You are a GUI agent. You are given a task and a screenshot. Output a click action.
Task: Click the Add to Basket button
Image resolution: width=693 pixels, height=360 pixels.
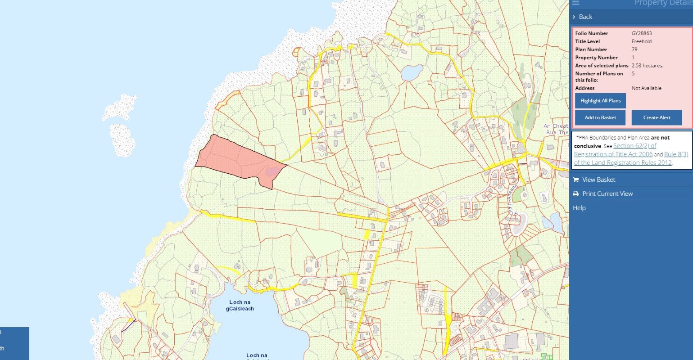(600, 117)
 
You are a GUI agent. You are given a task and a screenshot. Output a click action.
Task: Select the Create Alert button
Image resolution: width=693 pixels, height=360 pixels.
(657, 117)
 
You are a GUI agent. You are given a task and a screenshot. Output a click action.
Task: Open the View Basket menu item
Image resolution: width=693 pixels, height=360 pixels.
(598, 180)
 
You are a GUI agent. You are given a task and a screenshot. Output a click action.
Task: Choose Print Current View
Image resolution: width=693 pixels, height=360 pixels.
(607, 193)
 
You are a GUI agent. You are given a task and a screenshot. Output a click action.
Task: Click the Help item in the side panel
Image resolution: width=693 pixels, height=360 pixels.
(579, 208)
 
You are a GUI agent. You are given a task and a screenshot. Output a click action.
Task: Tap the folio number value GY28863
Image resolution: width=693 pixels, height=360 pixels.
(642, 33)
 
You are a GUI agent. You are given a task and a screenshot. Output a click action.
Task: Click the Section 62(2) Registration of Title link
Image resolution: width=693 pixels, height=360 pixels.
(634, 146)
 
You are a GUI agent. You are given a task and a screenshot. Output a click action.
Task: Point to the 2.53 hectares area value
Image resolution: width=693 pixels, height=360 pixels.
(647, 66)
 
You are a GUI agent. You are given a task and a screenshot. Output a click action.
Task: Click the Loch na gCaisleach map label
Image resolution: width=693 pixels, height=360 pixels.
(240, 306)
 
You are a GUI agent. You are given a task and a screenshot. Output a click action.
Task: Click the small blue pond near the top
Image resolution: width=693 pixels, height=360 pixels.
(412, 72)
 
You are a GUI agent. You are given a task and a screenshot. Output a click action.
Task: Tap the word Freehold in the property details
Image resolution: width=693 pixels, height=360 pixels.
(641, 41)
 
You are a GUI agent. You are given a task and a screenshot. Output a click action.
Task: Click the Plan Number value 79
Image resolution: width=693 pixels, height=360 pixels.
(634, 49)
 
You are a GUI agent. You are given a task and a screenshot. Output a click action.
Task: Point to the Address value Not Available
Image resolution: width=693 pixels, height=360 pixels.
(646, 88)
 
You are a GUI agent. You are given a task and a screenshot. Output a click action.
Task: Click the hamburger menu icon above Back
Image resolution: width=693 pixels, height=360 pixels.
(575, 3)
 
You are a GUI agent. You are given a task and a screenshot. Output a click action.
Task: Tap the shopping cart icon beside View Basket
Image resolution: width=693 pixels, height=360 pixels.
(575, 180)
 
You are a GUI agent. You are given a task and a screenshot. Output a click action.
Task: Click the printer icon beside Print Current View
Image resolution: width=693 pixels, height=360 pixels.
(575, 194)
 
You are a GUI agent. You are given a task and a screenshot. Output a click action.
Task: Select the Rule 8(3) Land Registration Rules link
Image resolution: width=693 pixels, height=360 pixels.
(676, 154)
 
